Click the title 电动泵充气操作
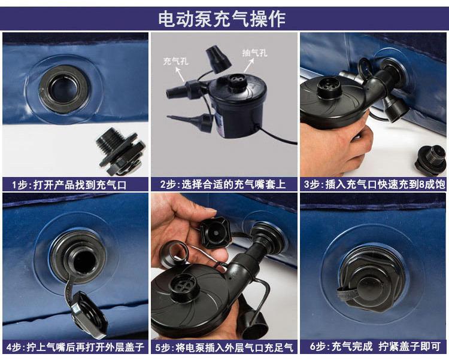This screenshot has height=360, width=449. pyautogui.click(x=222, y=19)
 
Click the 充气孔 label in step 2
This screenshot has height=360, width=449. pyautogui.click(x=176, y=61)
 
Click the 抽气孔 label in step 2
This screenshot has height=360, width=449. pyautogui.click(x=255, y=53)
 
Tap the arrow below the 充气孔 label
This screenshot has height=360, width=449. pyautogui.click(x=180, y=75)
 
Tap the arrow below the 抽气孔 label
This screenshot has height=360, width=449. pyautogui.click(x=248, y=66)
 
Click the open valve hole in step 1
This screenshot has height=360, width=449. pyautogui.click(x=65, y=89)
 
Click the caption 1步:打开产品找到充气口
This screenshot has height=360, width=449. pyautogui.click(x=69, y=185)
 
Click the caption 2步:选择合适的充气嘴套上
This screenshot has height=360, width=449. pyautogui.click(x=223, y=184)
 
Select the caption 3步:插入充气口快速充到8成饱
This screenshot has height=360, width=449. pyautogui.click(x=374, y=184)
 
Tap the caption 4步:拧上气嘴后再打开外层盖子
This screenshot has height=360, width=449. pyautogui.click(x=75, y=347)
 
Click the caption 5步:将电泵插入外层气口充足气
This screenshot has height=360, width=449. pyautogui.click(x=224, y=347)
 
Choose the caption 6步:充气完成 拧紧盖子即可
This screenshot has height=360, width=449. pyautogui.click(x=375, y=347)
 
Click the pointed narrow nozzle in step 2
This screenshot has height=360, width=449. pyautogui.click(x=190, y=121)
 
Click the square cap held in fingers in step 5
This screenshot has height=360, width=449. pyautogui.click(x=215, y=232)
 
